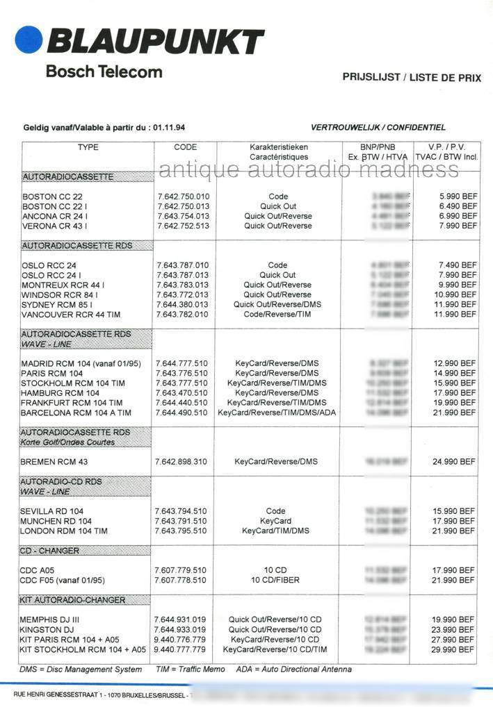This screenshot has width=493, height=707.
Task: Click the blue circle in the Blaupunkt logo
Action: coord(28,40)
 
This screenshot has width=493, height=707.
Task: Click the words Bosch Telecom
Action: coord(104,72)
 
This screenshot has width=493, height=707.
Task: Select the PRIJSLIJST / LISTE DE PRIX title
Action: coord(412,78)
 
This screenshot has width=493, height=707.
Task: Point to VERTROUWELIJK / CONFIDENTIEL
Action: coord(378,128)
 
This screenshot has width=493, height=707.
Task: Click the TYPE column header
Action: coord(88,147)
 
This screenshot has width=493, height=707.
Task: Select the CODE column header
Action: coord(185,147)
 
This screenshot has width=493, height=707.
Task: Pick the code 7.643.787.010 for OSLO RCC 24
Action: coord(183,265)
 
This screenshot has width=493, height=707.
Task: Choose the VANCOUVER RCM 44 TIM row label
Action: coord(70,314)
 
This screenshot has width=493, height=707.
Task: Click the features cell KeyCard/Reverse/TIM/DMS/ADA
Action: coord(277,413)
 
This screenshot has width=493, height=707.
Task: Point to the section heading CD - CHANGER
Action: coord(50,551)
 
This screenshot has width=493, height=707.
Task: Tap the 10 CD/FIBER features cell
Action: coord(277,580)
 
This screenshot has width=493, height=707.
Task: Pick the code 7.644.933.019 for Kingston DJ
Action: coord(181,630)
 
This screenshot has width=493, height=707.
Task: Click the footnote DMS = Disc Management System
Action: coord(76,669)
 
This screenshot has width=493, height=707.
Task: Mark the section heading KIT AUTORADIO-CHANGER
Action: coord(74,600)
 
